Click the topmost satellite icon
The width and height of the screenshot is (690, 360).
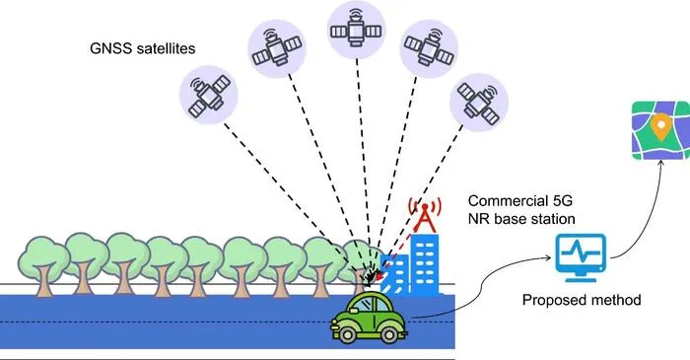coord(357,30)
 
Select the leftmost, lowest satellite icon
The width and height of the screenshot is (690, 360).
coord(209,95)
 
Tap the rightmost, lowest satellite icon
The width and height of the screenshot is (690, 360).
coord(479,103)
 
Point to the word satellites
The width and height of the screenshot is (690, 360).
coord(166,48)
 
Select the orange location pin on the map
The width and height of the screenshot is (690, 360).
coord(660,126)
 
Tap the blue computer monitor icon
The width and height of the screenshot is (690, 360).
coord(581,257)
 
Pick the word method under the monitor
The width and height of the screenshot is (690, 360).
coord(616,300)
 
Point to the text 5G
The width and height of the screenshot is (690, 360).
coord(562,200)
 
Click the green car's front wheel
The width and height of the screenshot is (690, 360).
coord(347,334)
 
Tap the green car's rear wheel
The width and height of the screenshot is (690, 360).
coord(389,334)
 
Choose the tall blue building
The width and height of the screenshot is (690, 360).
coord(425,264)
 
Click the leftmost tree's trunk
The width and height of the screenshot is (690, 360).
coord(44,280)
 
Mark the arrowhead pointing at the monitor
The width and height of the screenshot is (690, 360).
coord(548,257)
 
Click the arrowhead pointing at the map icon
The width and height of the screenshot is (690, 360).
coord(660,162)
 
